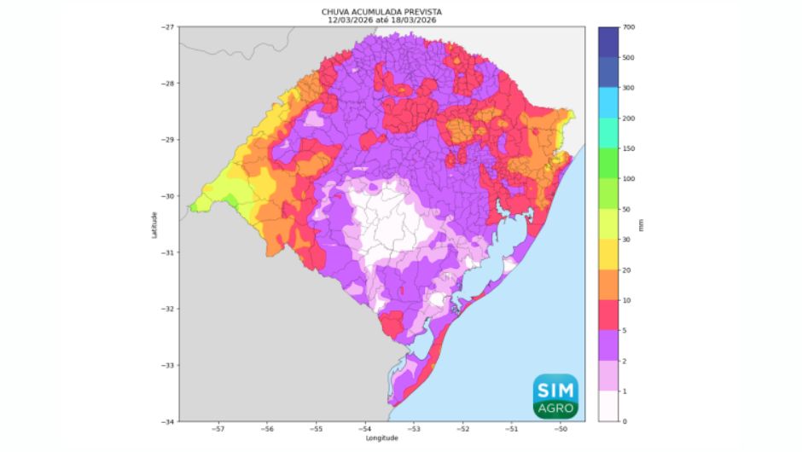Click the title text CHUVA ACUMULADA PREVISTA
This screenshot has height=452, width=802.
[381, 12]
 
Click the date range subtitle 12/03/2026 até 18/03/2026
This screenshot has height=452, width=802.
[381, 20]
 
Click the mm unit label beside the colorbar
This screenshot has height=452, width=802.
[641, 225]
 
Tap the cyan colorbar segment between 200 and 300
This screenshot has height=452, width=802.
[609, 103]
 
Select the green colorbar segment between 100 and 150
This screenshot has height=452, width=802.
[609, 164]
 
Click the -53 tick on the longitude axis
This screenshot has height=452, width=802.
[414, 429]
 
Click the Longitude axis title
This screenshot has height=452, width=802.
[381, 438]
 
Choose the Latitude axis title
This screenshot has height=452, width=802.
[155, 224]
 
